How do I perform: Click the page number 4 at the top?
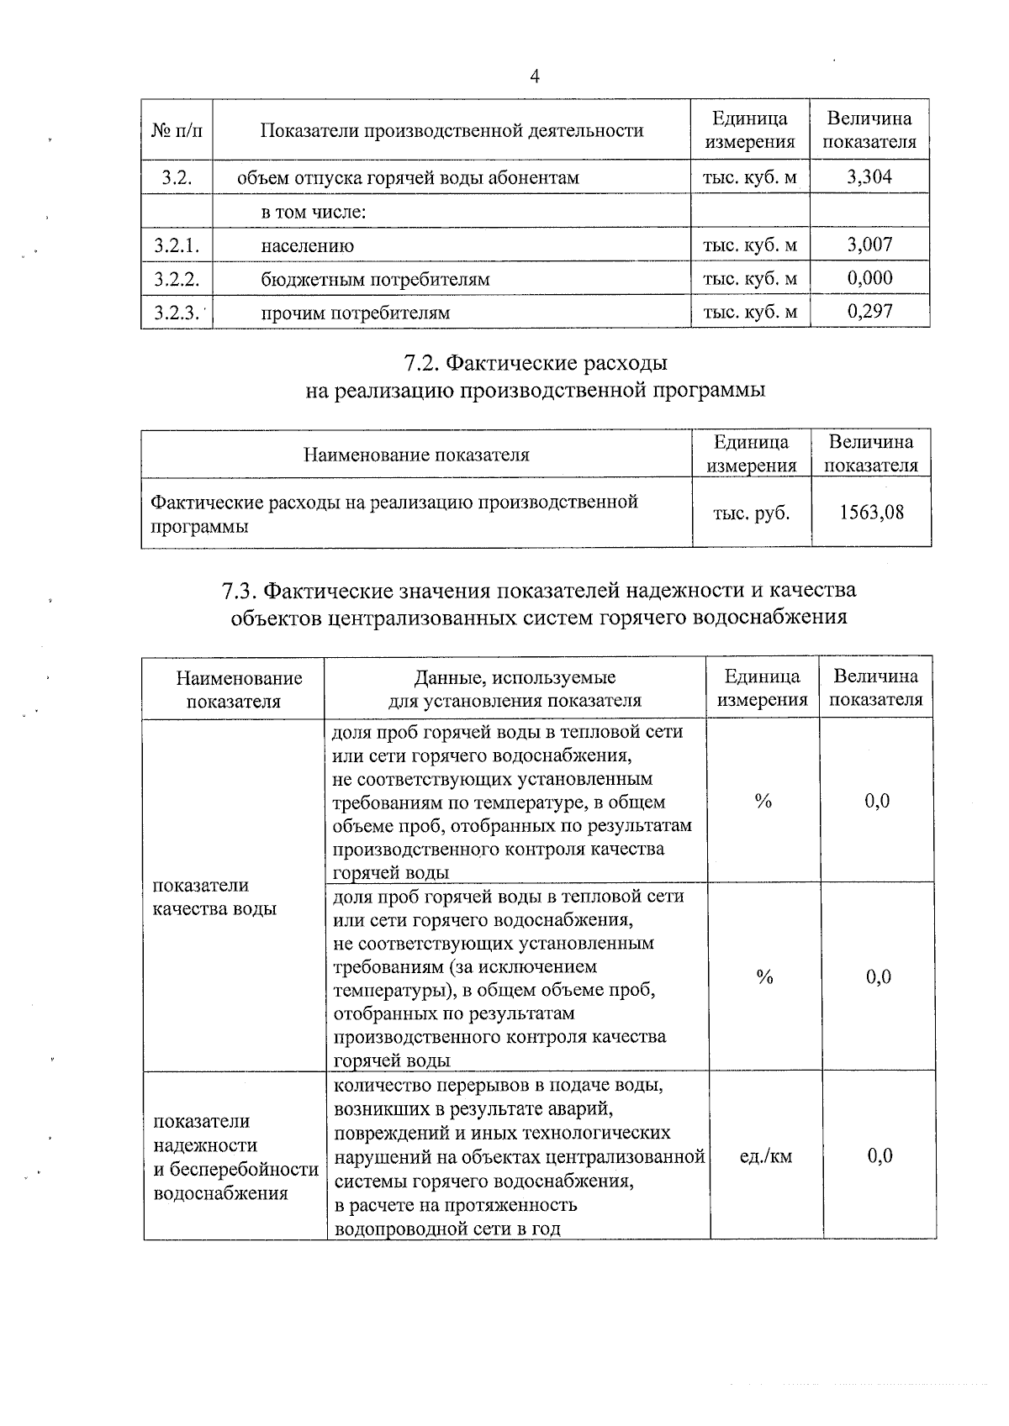click(x=535, y=76)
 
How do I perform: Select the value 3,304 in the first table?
click(x=869, y=176)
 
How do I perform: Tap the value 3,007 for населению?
click(x=869, y=245)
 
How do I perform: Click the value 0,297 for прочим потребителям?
click(x=869, y=312)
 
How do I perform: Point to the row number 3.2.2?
click(x=177, y=279)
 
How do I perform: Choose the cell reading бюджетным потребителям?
click(x=375, y=279)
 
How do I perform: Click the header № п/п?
click(x=177, y=130)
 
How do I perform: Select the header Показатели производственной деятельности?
click(x=452, y=130)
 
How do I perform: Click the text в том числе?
click(x=314, y=212)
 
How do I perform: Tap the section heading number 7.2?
click(x=420, y=363)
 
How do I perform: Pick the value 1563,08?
click(x=872, y=513)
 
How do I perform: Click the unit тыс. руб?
click(x=751, y=513)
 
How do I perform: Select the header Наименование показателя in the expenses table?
click(x=416, y=455)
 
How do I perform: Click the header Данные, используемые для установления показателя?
click(x=515, y=688)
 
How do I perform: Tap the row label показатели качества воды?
click(x=214, y=897)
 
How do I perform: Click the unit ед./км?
click(x=765, y=1156)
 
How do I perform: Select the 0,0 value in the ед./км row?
click(x=880, y=1156)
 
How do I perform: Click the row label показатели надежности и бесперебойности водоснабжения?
click(x=235, y=1156)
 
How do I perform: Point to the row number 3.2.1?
click(x=177, y=245)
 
